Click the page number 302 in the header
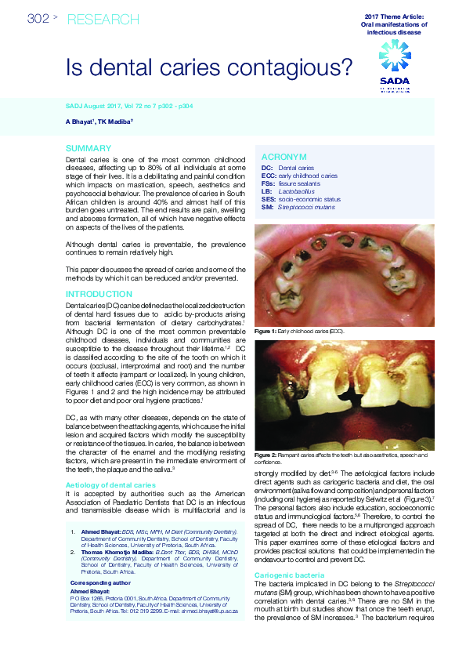click(38, 19)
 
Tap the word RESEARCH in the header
click(103, 19)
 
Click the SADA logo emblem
click(394, 56)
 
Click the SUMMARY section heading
click(88, 149)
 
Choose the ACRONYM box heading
click(284, 158)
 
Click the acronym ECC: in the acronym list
click(269, 176)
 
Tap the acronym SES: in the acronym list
click(269, 199)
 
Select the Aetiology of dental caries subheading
click(110, 485)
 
